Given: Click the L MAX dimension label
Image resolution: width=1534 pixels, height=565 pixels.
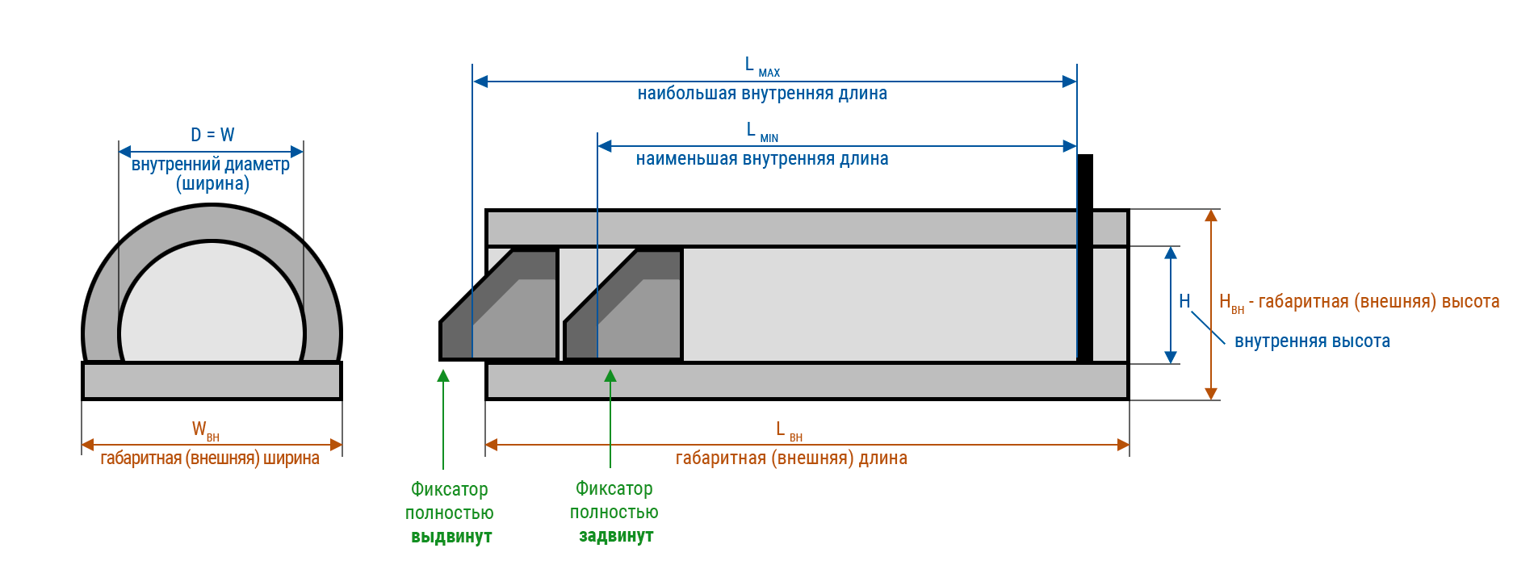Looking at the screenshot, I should tap(761, 67).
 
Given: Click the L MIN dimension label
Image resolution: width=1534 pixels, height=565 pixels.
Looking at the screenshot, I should tap(761, 132).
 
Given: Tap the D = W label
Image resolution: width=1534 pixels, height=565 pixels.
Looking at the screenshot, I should tap(212, 135).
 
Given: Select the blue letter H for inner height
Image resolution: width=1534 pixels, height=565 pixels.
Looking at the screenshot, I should tap(1184, 302).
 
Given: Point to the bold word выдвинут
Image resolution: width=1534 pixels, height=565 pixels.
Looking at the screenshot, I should tap(451, 537).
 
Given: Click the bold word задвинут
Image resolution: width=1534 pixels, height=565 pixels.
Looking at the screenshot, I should tap(616, 536).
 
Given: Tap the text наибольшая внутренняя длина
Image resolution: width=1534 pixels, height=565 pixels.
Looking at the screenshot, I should tap(762, 94).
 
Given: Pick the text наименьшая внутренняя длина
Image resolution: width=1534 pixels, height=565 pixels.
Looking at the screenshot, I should tap(762, 159).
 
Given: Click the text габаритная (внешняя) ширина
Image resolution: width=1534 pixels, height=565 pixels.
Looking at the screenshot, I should tap(210, 458).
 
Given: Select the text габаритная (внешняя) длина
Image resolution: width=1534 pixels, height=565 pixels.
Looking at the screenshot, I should tap(791, 458).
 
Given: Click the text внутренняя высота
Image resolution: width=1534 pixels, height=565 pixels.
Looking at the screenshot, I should tap(1312, 341).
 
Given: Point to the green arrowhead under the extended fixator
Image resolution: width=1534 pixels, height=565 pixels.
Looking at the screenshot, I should tap(443, 375).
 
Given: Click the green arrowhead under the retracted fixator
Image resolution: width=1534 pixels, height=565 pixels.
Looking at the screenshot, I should tap(610, 375).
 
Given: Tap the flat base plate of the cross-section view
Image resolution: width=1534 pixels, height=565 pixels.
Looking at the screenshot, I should tap(212, 381).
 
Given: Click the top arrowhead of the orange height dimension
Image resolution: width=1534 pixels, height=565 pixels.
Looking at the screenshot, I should tap(1211, 216).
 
